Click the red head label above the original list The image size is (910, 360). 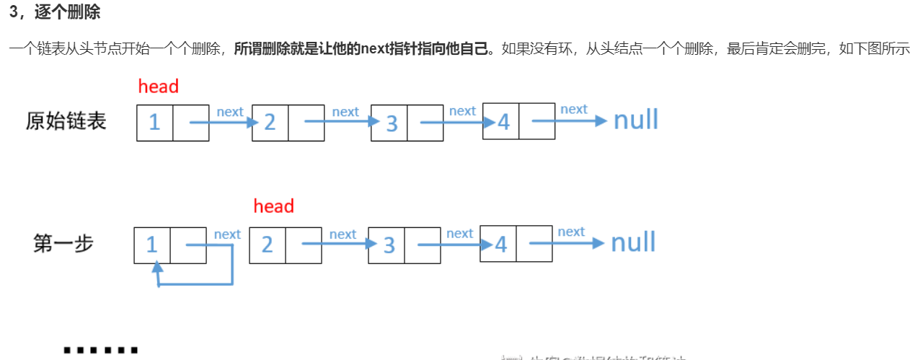click(x=158, y=87)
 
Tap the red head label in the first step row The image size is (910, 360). click(x=273, y=206)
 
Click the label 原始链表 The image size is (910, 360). click(x=66, y=120)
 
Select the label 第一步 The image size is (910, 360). click(x=63, y=243)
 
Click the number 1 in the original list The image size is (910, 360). click(x=154, y=122)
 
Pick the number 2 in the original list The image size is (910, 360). click(x=270, y=122)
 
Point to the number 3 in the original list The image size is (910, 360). click(x=391, y=123)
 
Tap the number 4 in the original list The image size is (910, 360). click(x=503, y=122)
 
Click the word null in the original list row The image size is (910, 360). click(x=635, y=120)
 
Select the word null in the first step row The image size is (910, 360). click(x=633, y=242)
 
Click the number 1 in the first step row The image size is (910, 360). click(x=151, y=245)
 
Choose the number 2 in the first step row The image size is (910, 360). click(x=267, y=245)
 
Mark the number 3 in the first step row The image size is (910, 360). click(x=389, y=245)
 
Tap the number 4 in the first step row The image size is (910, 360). click(x=500, y=245)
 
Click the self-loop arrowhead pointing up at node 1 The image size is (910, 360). click(x=158, y=268)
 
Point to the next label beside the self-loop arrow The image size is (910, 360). click(x=227, y=234)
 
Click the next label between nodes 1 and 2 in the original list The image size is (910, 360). click(x=230, y=111)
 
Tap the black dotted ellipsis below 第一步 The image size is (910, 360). click(x=100, y=351)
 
